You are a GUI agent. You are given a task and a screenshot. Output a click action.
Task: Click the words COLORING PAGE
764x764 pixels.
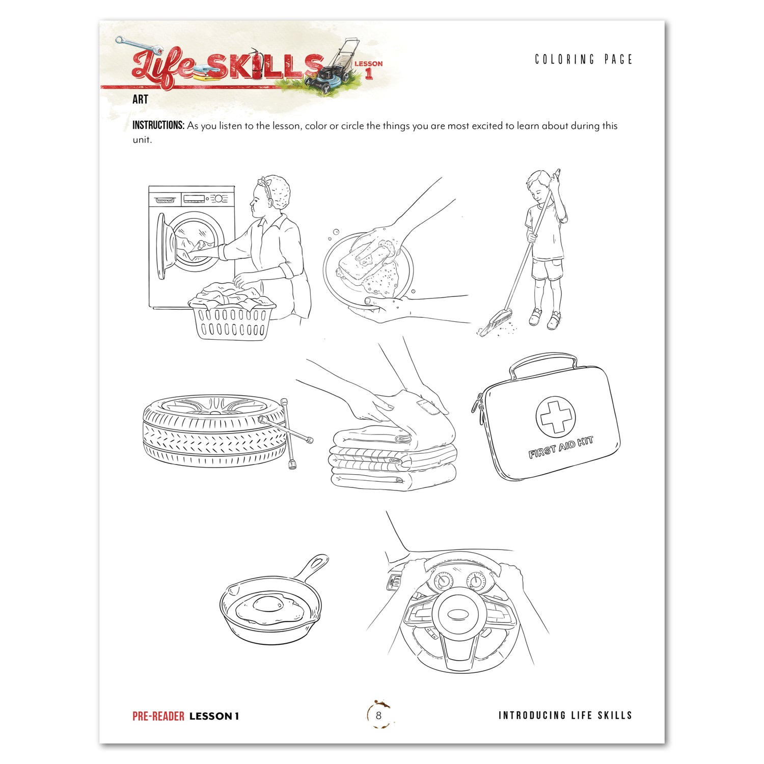tap(583, 60)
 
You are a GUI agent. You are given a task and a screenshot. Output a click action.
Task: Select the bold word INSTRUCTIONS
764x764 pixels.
tap(158, 125)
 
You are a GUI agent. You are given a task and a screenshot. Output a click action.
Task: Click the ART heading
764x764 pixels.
tap(140, 99)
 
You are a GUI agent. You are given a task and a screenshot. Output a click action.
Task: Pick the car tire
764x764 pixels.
tap(214, 430)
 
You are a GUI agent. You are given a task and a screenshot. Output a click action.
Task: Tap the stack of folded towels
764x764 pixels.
tap(392, 458)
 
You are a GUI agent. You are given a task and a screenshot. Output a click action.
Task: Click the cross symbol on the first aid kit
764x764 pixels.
tap(555, 416)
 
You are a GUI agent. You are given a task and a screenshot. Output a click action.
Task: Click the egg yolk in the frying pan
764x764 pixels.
tap(268, 605)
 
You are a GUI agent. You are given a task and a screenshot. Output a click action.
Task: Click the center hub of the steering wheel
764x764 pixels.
tap(458, 614)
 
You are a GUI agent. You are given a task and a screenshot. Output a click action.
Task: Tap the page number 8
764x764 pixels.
tap(378, 715)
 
